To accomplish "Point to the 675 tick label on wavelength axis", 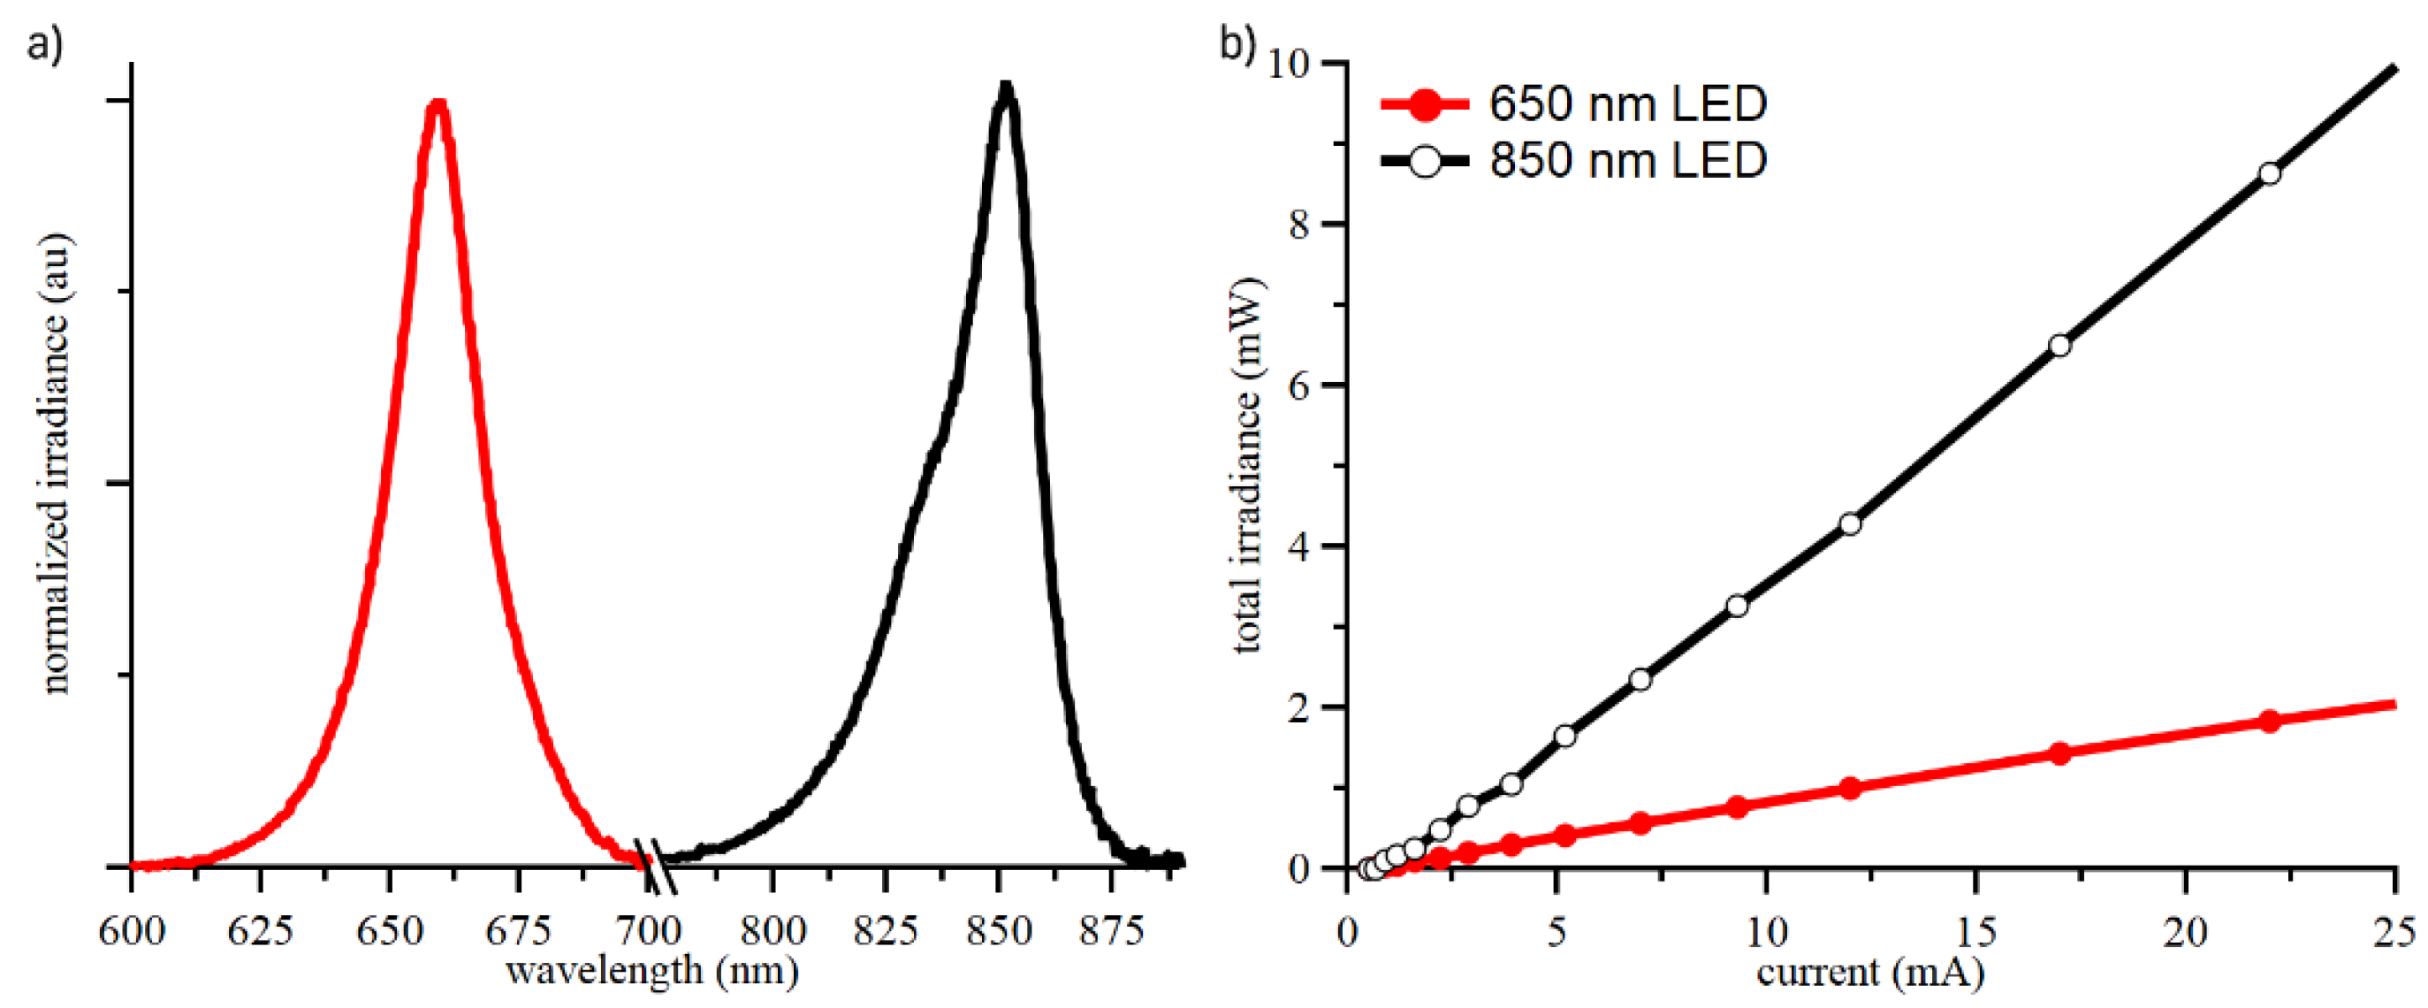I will pyautogui.click(x=517, y=932).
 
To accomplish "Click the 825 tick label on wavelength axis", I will pyautogui.click(x=885, y=932).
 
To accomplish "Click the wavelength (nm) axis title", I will pyautogui.click(x=652, y=970).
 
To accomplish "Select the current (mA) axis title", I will pyautogui.click(x=1870, y=972).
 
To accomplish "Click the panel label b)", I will pyautogui.click(x=1237, y=43).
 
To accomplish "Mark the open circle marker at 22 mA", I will pyautogui.click(x=2270, y=173).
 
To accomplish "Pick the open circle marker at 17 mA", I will pyautogui.click(x=2059, y=346).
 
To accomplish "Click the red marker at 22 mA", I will pyautogui.click(x=2270, y=722).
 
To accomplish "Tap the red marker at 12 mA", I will pyautogui.click(x=1850, y=789).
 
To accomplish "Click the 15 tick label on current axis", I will pyautogui.click(x=1975, y=932).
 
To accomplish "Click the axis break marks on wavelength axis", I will pyautogui.click(x=654, y=866).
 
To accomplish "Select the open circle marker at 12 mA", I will pyautogui.click(x=1850, y=524).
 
